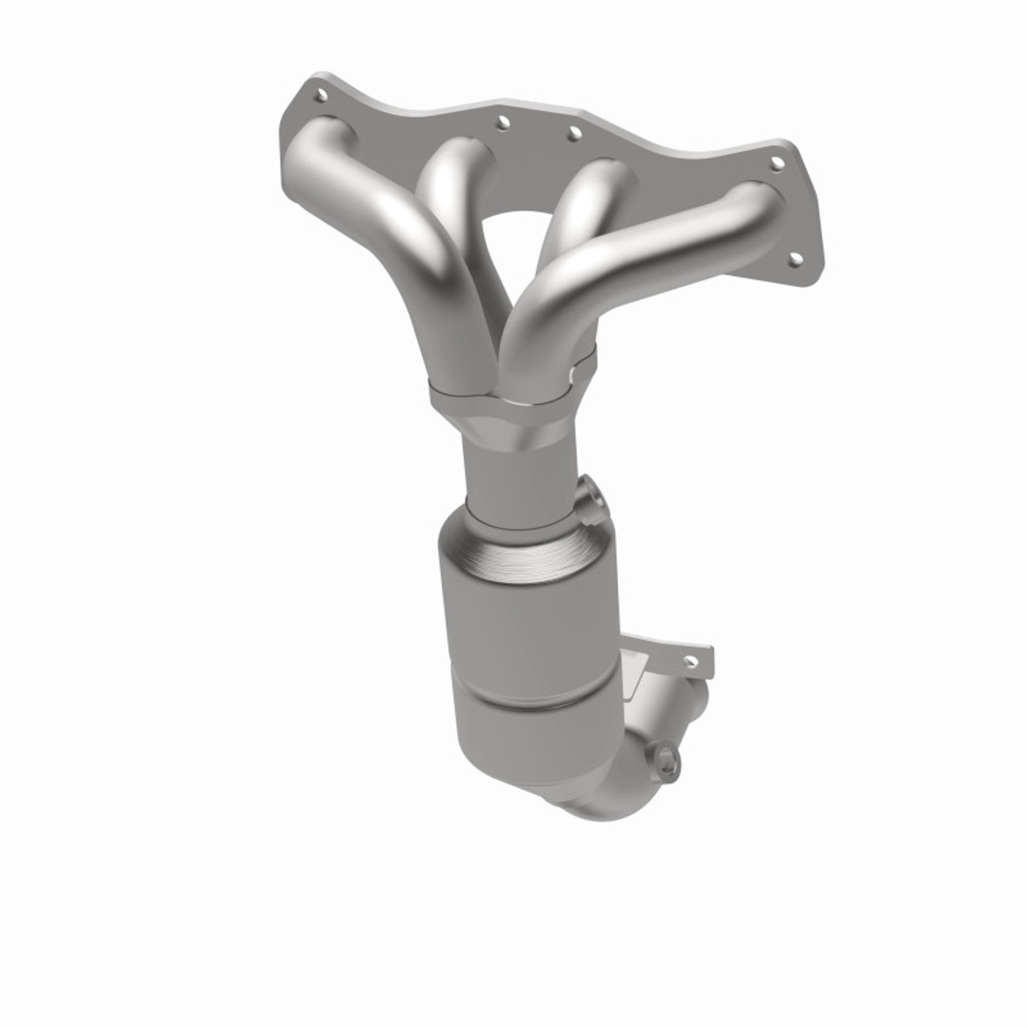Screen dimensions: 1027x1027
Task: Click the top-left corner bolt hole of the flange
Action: click(322, 95)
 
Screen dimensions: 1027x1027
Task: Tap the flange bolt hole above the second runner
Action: click(503, 122)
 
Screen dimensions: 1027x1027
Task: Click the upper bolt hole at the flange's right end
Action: click(777, 164)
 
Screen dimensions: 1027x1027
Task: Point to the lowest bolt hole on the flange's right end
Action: click(796, 258)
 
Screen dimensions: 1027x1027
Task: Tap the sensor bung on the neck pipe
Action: click(590, 501)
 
